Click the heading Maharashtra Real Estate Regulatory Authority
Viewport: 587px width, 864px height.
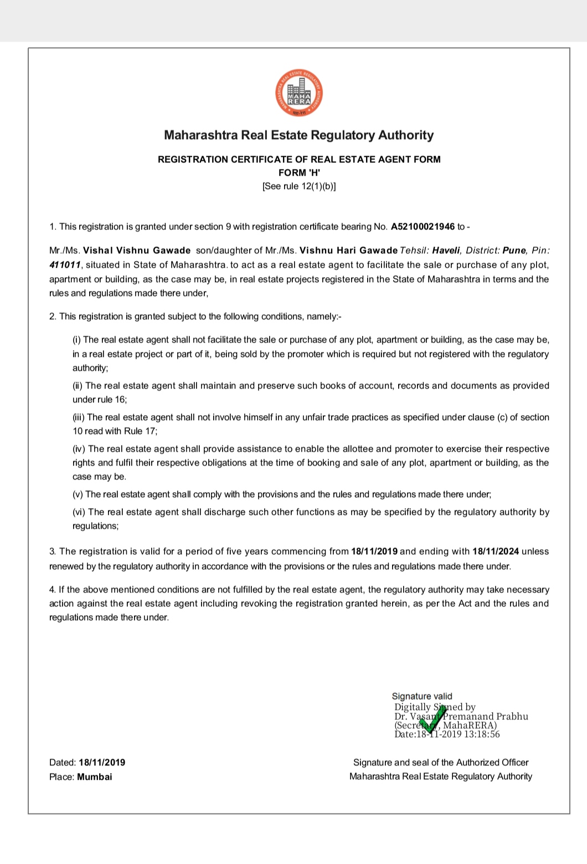pyautogui.click(x=299, y=135)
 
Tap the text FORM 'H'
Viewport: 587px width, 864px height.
pyautogui.click(x=299, y=172)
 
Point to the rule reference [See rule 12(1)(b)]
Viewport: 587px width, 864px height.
pyautogui.click(x=299, y=186)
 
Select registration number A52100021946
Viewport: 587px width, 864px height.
pyautogui.click(x=423, y=227)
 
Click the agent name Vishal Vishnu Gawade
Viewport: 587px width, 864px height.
pyautogui.click(x=137, y=250)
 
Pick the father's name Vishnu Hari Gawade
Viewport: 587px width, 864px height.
pyautogui.click(x=348, y=250)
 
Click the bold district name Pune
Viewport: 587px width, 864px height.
pyautogui.click(x=513, y=250)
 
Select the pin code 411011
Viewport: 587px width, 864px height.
pyautogui.click(x=65, y=265)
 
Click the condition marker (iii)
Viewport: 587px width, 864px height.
pyautogui.click(x=79, y=417)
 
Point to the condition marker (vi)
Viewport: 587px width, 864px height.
pyautogui.click(x=79, y=512)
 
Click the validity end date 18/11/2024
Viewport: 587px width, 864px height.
pyautogui.click(x=496, y=551)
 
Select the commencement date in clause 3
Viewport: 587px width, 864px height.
pyautogui.click(x=374, y=551)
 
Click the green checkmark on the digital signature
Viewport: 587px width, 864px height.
pyautogui.click(x=432, y=719)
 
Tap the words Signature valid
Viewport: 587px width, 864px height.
pyautogui.click(x=422, y=696)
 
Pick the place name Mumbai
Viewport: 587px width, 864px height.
pyautogui.click(x=95, y=777)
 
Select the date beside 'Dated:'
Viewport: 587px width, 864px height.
pyautogui.click(x=102, y=763)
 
